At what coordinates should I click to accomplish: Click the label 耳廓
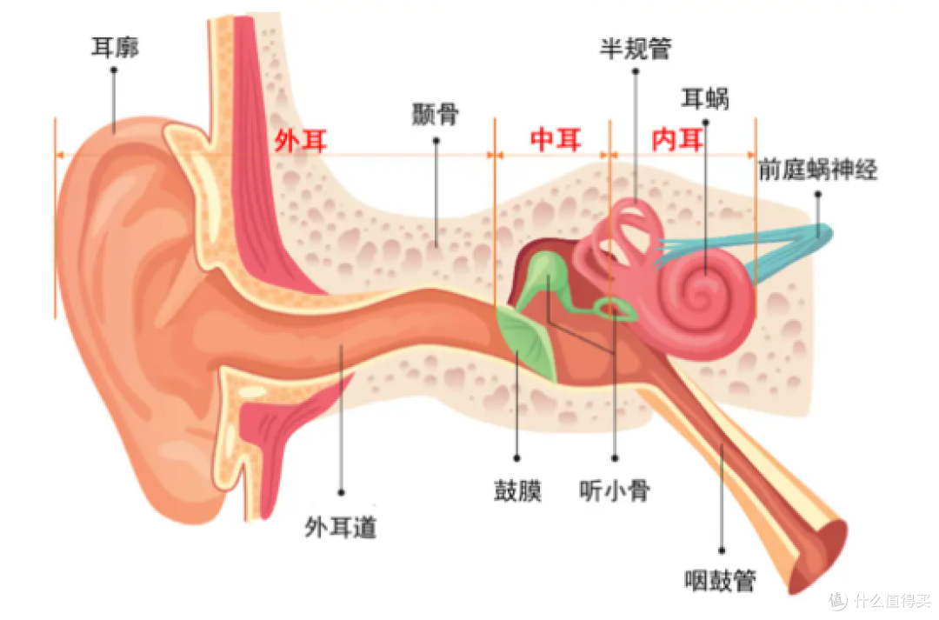(x=115, y=47)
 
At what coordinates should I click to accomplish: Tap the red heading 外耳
(x=301, y=142)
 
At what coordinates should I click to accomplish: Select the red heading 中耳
(x=556, y=140)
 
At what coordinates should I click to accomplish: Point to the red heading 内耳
(x=677, y=140)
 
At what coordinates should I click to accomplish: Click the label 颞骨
(x=436, y=114)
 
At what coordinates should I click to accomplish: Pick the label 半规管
(x=636, y=49)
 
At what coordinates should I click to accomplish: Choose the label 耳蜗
(x=705, y=98)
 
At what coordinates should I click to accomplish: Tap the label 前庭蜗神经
(x=817, y=170)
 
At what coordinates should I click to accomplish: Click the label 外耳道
(x=341, y=528)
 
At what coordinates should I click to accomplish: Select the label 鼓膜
(x=517, y=490)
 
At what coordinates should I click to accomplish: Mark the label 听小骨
(x=615, y=490)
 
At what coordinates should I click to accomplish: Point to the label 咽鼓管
(x=720, y=580)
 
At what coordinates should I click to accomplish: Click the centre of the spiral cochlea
(x=701, y=295)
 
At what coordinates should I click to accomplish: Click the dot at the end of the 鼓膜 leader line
(x=516, y=458)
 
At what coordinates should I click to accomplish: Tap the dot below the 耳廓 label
(x=114, y=70)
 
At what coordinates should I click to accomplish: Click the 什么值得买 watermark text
(x=892, y=600)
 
